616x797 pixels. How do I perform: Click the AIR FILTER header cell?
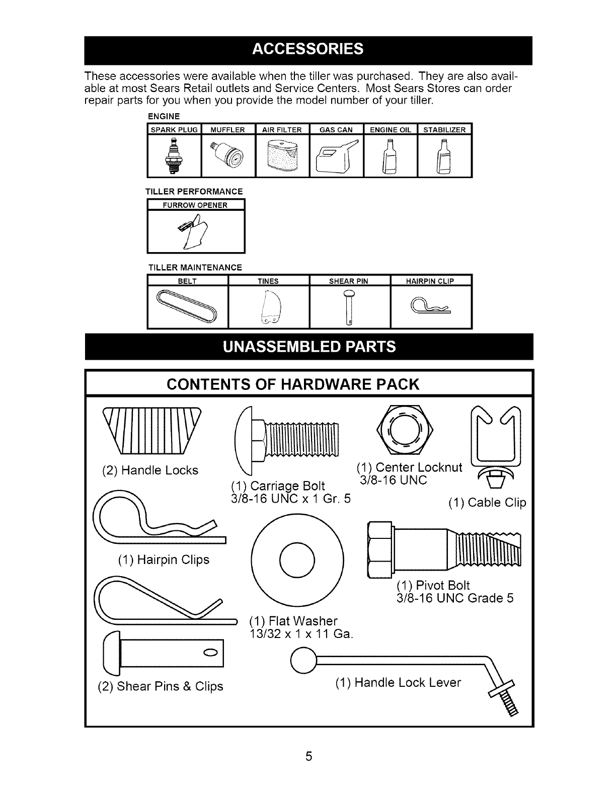282,130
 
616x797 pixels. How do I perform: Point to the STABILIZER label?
444,130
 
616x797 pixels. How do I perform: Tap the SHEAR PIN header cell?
349,281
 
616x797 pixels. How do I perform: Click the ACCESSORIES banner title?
307,49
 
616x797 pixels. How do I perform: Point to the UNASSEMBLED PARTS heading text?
307,347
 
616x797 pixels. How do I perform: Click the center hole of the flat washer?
297,560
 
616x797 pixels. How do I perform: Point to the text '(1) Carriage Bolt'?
277,486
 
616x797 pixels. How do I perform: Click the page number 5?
309,756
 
